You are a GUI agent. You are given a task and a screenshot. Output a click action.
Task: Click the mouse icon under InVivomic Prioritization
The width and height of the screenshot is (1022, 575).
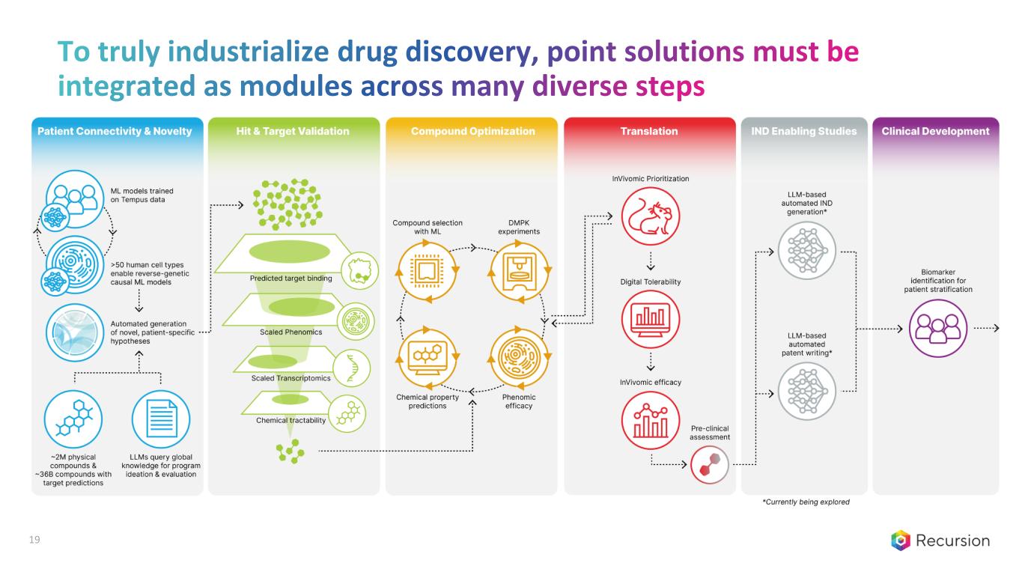click(650, 216)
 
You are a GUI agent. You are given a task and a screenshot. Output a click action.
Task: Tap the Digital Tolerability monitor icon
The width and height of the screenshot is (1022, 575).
click(650, 320)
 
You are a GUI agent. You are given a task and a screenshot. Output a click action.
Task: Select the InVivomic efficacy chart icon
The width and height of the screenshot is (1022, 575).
click(650, 420)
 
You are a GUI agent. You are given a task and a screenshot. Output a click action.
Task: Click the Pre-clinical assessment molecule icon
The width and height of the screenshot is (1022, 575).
click(710, 464)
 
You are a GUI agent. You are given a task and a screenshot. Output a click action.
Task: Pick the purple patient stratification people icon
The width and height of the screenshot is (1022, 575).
click(938, 328)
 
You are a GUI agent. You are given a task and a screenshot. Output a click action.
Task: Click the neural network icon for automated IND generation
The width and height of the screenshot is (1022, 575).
click(806, 251)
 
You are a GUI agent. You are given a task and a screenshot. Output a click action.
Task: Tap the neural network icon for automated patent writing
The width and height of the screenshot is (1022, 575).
click(806, 391)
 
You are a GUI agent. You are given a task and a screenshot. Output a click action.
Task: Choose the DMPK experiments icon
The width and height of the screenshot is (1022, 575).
click(519, 272)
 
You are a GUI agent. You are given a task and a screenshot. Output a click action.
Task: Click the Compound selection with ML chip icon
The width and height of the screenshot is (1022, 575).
click(427, 272)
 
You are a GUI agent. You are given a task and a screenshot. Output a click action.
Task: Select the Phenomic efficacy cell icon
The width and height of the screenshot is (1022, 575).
click(519, 357)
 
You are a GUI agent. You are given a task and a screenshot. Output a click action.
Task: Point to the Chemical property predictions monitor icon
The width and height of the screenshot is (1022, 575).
click(427, 357)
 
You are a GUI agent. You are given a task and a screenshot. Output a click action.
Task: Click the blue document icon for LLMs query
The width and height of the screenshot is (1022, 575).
click(161, 419)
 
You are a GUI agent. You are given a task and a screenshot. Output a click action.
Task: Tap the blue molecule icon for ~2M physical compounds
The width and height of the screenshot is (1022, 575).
click(73, 419)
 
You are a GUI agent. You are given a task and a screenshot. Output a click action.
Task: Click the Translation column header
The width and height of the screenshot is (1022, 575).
click(649, 132)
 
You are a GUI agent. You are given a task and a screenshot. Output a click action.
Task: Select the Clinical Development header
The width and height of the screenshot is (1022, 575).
click(935, 132)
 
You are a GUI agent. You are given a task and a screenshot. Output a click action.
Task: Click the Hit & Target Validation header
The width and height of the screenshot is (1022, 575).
click(293, 132)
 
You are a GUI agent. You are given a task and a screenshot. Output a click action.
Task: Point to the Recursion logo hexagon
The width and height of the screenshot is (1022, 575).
click(900, 541)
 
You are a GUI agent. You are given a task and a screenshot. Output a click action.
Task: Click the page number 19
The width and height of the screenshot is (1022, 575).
click(34, 540)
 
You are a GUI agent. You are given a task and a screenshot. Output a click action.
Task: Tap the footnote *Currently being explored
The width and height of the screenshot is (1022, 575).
click(806, 502)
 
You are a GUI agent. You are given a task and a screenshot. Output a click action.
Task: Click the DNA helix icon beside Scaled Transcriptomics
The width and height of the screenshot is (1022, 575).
click(351, 368)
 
